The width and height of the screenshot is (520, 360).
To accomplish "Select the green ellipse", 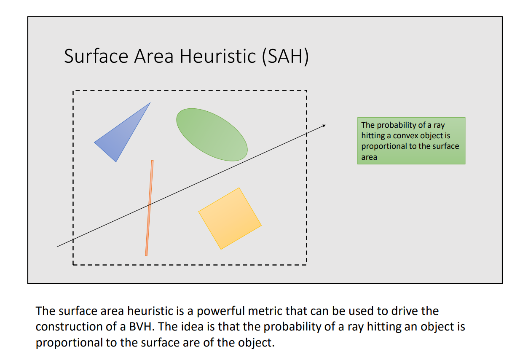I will click(x=212, y=134).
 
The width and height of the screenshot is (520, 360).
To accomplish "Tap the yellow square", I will click(x=230, y=218).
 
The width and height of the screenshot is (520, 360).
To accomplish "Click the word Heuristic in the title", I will click(x=217, y=56).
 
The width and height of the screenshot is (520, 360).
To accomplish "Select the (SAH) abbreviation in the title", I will click(x=285, y=56).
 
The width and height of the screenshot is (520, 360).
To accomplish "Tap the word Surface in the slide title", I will click(x=96, y=56).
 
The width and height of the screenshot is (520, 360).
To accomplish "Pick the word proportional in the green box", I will click(x=381, y=146).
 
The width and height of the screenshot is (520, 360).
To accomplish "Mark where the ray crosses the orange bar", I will click(x=149, y=205).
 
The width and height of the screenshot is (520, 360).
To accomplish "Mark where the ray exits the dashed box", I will click(x=306, y=133).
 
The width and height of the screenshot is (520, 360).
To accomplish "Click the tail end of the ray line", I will click(x=58, y=247).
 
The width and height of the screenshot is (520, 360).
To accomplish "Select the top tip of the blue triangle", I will click(x=150, y=103).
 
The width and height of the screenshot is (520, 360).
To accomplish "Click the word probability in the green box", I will click(x=394, y=125).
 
